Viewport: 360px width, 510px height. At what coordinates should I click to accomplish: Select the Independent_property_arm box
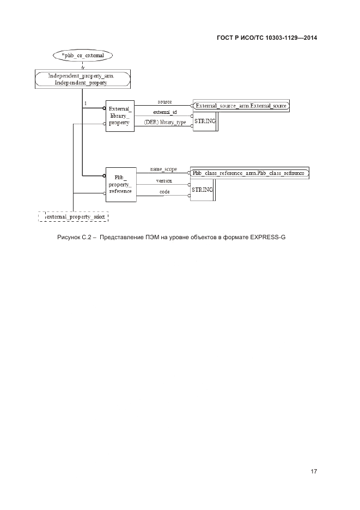(x=82, y=79)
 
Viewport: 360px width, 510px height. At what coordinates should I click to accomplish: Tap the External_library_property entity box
(x=119, y=116)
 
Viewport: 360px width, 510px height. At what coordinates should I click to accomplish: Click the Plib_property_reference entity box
(x=120, y=184)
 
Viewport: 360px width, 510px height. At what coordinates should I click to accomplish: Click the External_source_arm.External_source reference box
(x=241, y=105)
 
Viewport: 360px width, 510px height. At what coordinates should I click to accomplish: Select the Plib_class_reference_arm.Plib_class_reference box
(x=248, y=173)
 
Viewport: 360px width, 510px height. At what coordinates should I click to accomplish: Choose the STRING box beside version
(x=202, y=189)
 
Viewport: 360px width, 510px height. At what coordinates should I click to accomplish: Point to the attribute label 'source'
(x=165, y=102)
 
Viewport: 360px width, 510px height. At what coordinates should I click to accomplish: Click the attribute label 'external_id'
(x=164, y=112)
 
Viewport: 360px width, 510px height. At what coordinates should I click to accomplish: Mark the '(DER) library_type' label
(x=165, y=123)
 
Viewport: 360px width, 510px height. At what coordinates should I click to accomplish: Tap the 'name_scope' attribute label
(x=163, y=169)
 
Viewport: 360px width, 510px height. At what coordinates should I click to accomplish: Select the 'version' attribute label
(x=164, y=180)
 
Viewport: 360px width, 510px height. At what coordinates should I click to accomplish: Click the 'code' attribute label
(x=164, y=192)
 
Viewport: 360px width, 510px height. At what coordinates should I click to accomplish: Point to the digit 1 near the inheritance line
(x=86, y=103)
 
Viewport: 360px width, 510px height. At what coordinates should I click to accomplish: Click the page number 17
(x=313, y=471)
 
